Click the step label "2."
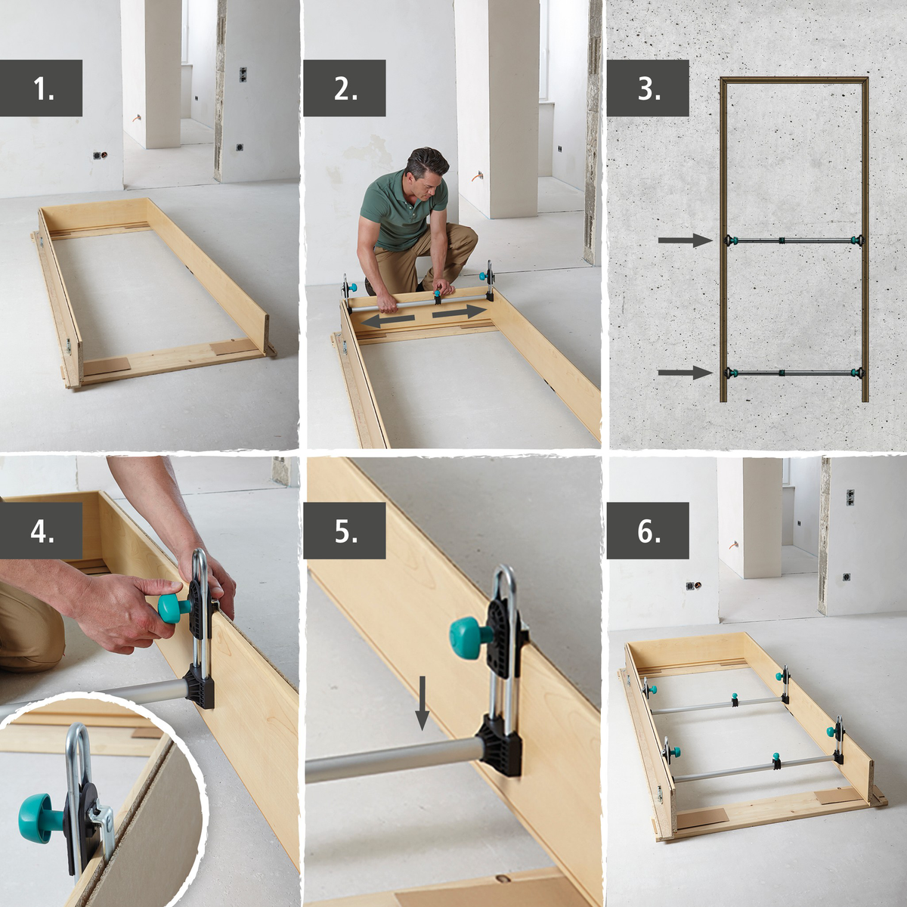pyautogui.click(x=345, y=88)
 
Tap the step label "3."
pyautogui.click(x=648, y=88)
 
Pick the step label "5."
pyautogui.click(x=345, y=531)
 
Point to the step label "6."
pyautogui.click(x=648, y=531)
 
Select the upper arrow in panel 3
pyautogui.click(x=685, y=240)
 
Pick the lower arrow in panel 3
pyautogui.click(x=685, y=372)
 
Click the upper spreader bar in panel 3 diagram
pyautogui.click(x=794, y=241)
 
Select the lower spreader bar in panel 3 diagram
pyautogui.click(x=794, y=373)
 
